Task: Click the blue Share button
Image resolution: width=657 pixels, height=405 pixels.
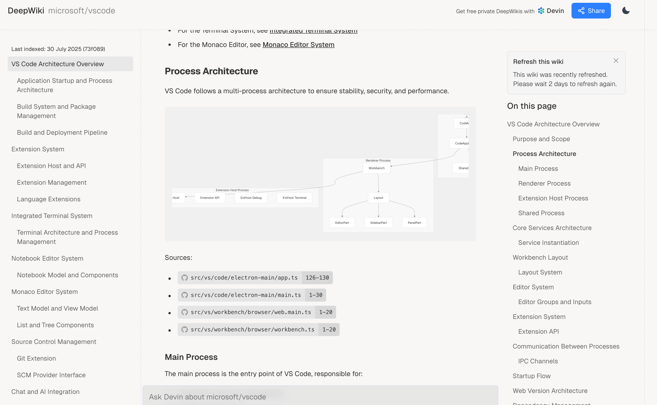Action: click(591, 11)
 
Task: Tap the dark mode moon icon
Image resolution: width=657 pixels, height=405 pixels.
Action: click(626, 11)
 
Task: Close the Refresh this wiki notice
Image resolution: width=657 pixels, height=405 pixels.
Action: click(616, 61)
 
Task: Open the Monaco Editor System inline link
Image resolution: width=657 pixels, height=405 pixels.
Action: click(298, 45)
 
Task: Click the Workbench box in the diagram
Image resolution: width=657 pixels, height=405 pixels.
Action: click(376, 168)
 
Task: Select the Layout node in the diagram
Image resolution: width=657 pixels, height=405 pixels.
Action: click(378, 198)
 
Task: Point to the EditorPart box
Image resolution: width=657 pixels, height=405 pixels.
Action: click(342, 223)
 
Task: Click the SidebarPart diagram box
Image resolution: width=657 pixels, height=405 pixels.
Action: click(378, 223)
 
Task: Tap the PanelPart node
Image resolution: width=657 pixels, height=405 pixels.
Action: click(414, 223)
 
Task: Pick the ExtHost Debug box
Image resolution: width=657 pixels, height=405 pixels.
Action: click(251, 198)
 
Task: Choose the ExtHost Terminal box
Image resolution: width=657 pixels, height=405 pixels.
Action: click(294, 198)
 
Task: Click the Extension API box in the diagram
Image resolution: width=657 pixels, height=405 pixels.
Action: click(210, 198)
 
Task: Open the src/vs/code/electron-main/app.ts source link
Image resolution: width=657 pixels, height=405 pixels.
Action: click(244, 278)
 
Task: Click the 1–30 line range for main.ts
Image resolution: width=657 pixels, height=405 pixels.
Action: click(316, 295)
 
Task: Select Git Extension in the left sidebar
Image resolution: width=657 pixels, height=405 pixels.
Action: click(36, 358)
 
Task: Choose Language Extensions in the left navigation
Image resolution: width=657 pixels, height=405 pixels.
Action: click(48, 199)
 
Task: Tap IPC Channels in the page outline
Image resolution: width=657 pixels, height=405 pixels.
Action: click(538, 361)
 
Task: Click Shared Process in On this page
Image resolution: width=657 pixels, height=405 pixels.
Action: click(541, 213)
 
